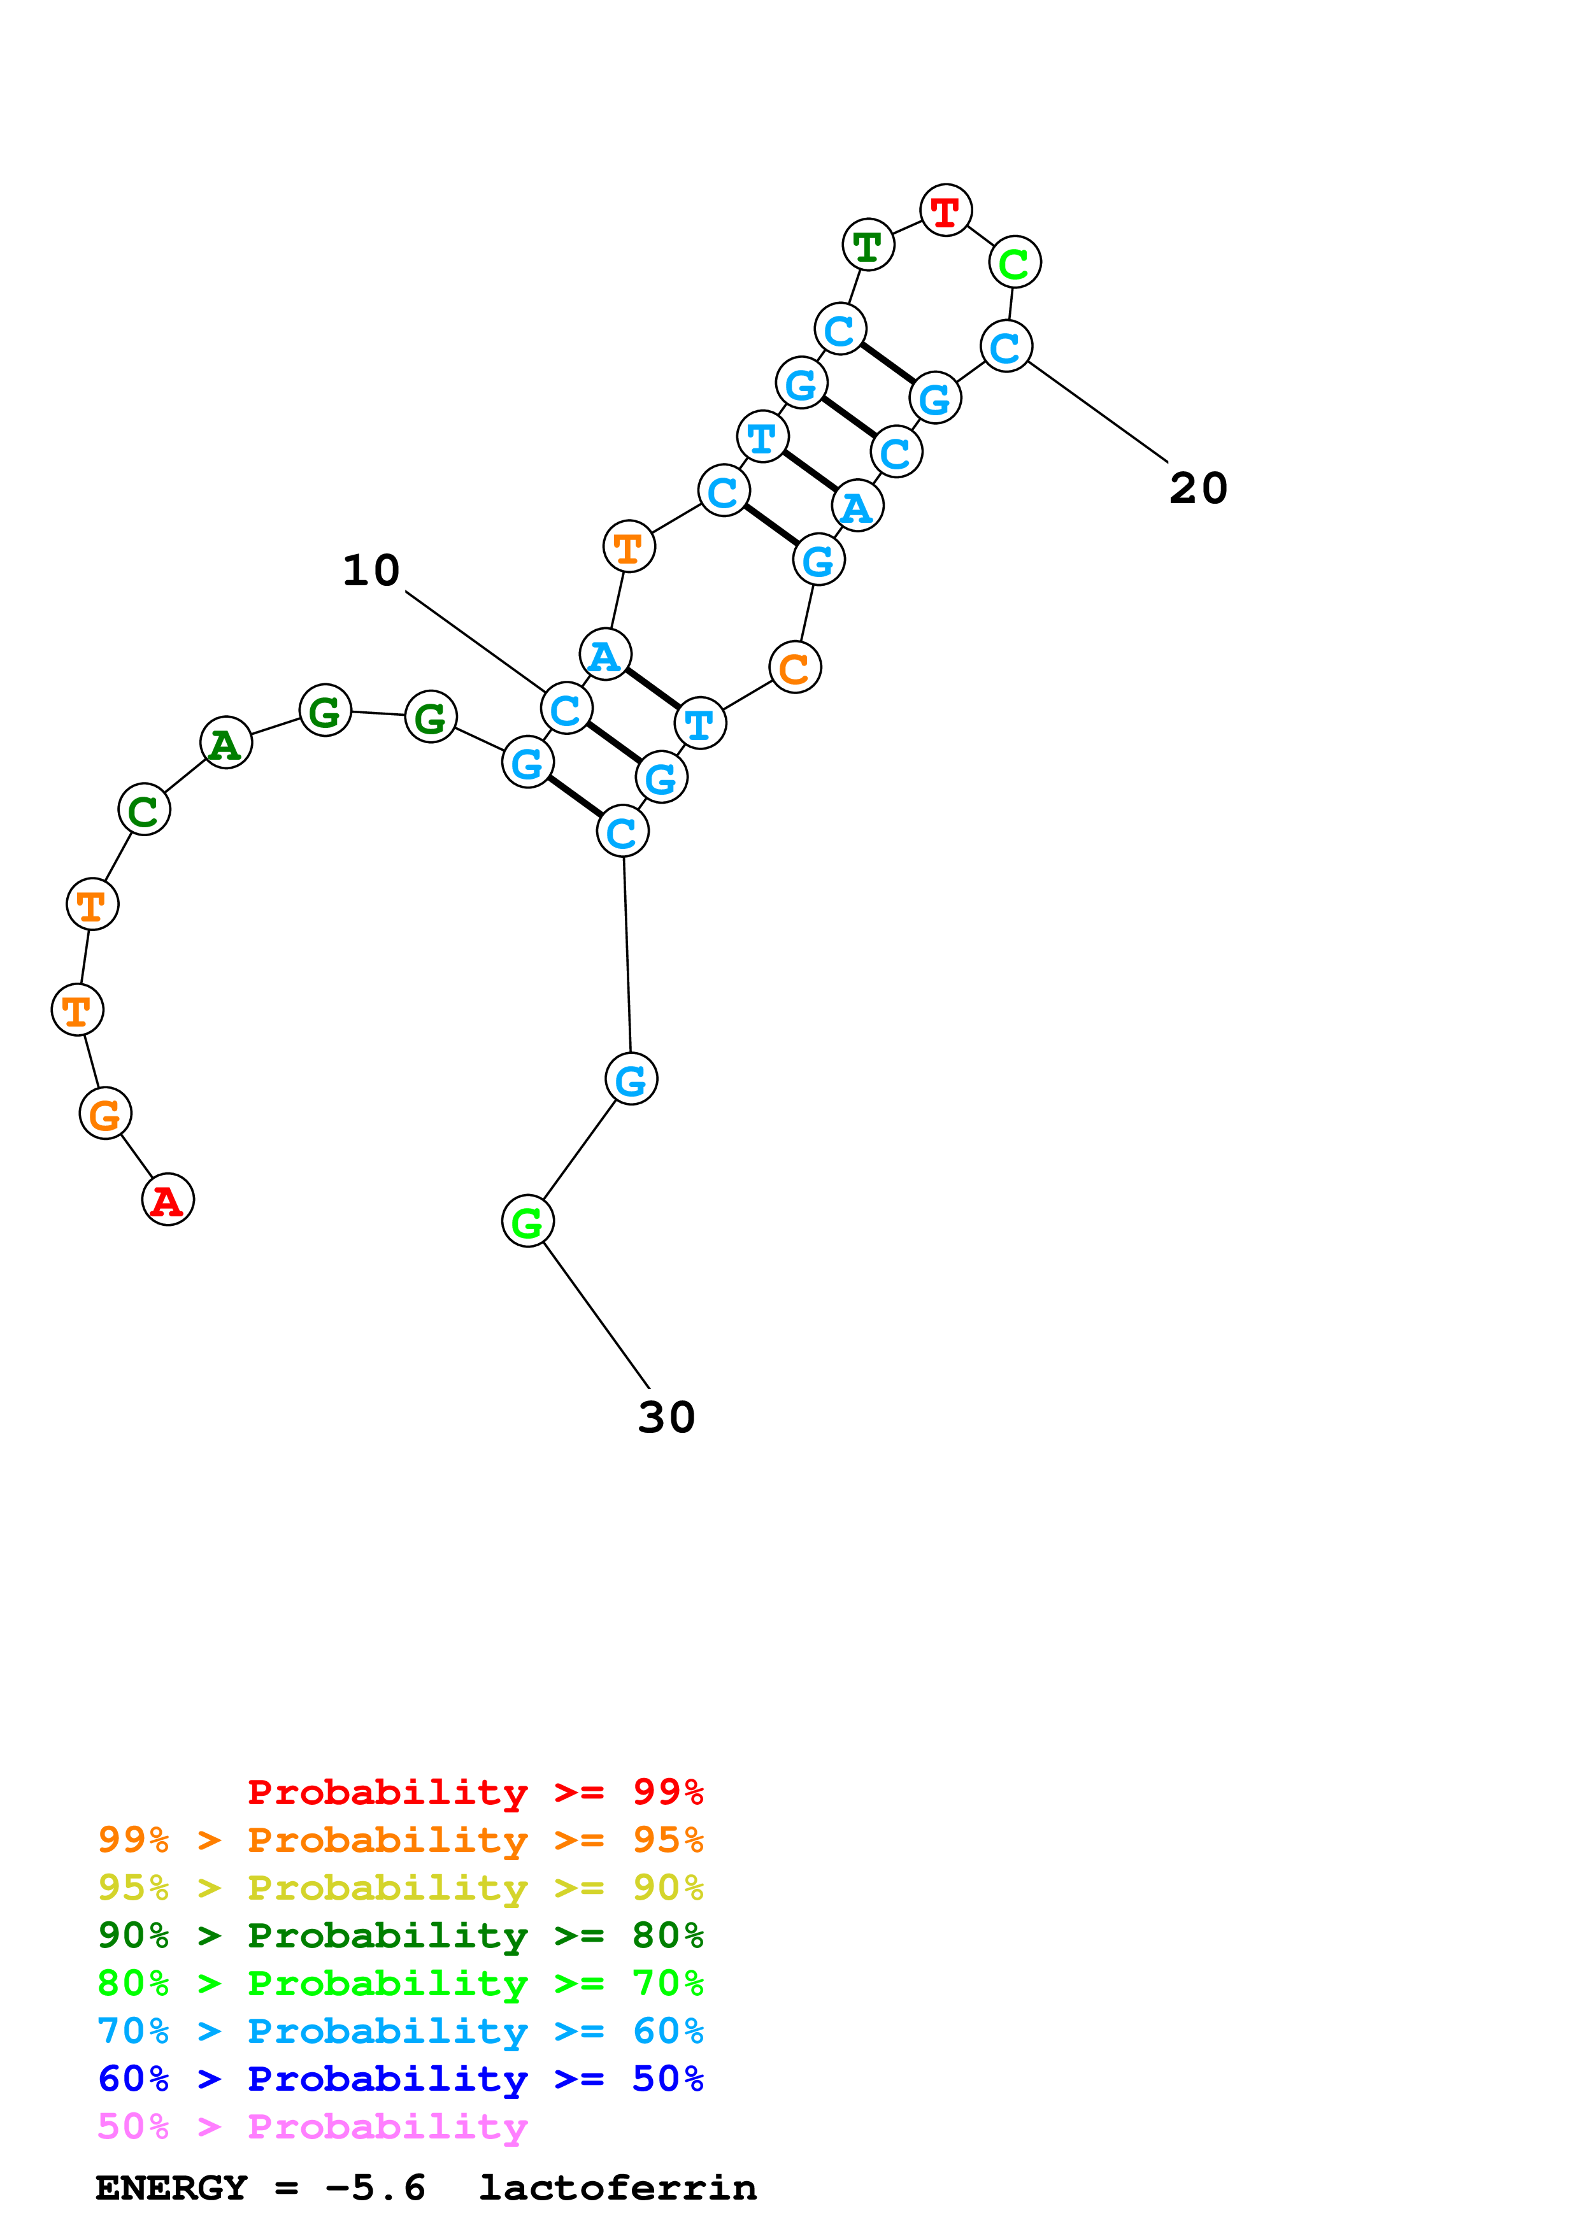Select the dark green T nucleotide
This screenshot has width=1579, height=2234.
(x=868, y=245)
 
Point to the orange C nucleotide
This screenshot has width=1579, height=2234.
(x=795, y=667)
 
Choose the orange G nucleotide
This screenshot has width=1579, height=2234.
(x=105, y=1113)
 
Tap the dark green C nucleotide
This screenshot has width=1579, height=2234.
(x=144, y=809)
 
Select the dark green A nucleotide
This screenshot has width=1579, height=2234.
(x=225, y=743)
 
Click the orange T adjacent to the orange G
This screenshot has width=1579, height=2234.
(x=78, y=1010)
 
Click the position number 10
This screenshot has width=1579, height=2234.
(x=371, y=570)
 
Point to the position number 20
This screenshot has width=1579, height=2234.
(x=1197, y=488)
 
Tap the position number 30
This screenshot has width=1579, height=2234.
(x=666, y=1418)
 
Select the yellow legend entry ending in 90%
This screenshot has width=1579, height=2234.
(x=400, y=1887)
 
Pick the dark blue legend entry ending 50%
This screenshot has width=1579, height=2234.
(x=400, y=2079)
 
